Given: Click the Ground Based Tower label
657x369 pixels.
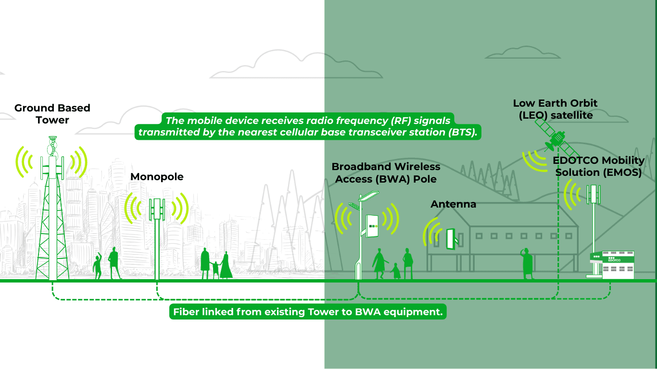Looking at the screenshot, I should (52, 114).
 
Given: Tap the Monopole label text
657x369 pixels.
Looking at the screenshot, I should (157, 177).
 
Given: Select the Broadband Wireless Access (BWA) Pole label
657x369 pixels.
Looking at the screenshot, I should (386, 173).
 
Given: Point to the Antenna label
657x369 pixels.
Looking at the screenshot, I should (453, 204).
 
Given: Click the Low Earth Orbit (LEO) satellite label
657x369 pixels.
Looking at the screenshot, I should (555, 109).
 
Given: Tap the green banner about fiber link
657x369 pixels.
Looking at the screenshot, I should (308, 312).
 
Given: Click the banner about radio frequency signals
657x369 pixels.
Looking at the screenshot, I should (308, 127).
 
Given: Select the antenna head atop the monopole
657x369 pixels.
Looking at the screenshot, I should (157, 209).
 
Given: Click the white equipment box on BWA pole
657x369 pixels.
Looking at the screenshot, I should (372, 225).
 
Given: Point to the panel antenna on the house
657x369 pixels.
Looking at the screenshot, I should (451, 239).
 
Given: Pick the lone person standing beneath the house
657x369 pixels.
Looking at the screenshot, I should (528, 264).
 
